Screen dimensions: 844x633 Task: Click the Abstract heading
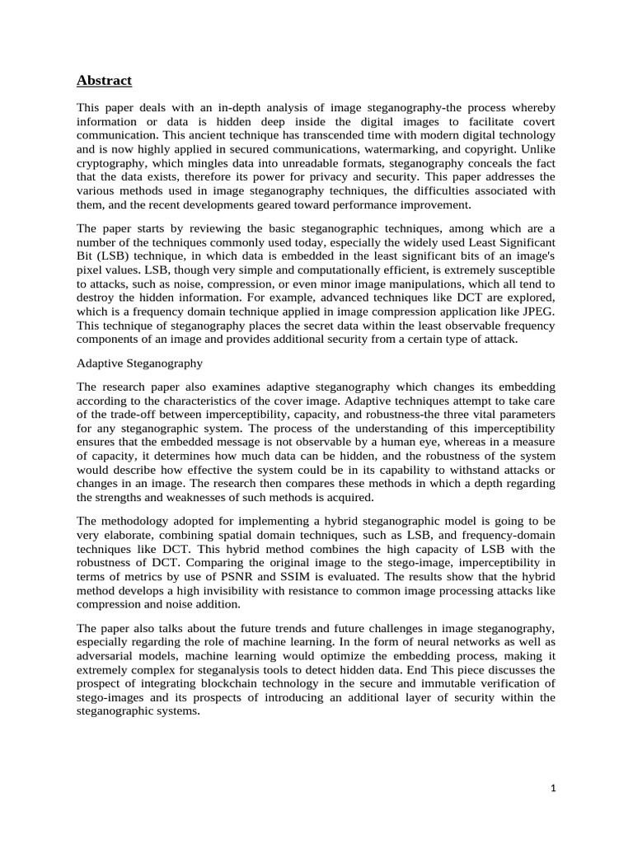(x=104, y=80)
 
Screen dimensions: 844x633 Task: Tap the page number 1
(x=554, y=788)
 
